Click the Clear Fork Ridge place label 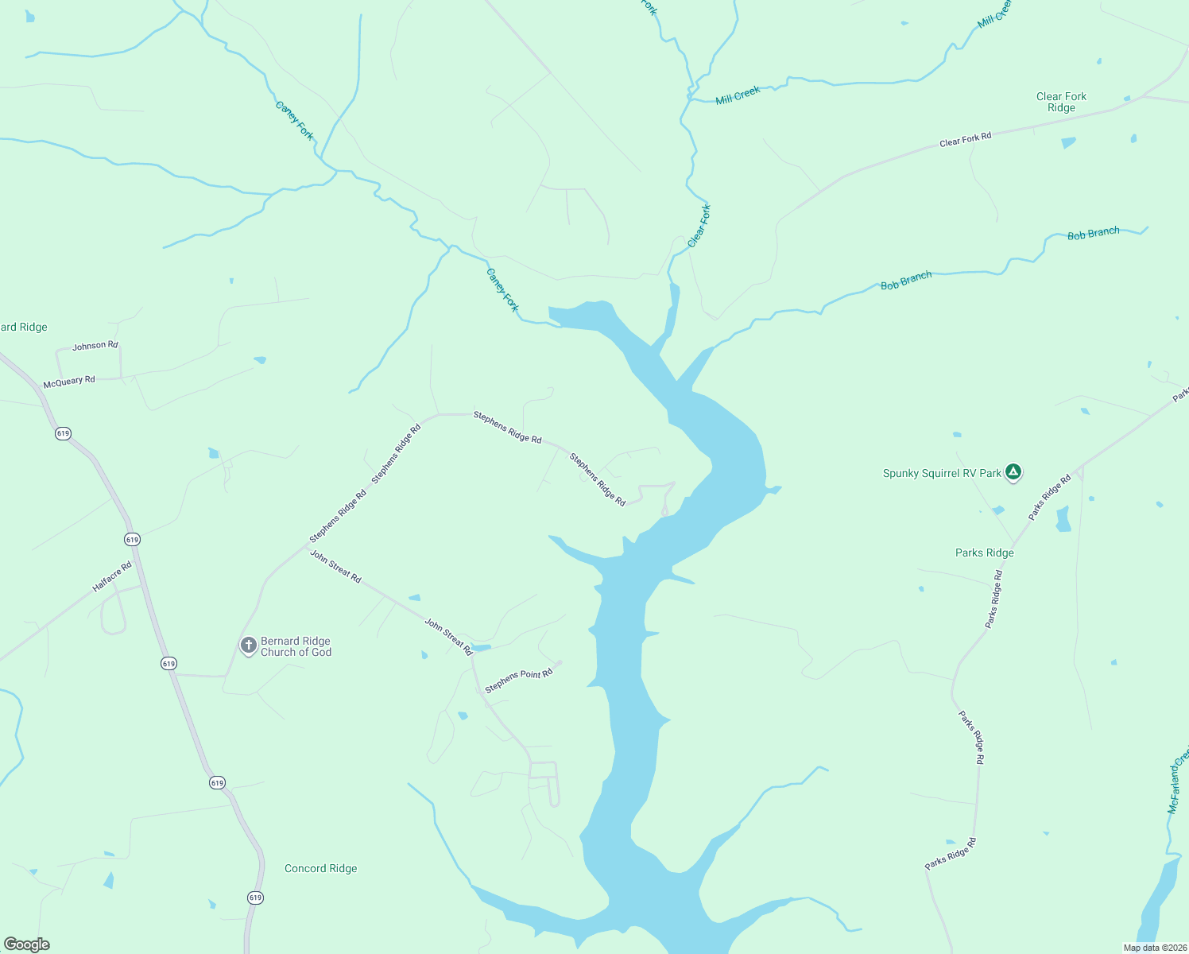click(1061, 102)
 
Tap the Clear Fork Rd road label click(965, 140)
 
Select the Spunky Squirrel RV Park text click(942, 473)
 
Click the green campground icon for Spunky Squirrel click(1013, 472)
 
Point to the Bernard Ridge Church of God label click(296, 646)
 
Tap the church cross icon click(248, 645)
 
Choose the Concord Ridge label click(320, 868)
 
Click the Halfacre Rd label click(112, 576)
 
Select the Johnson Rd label click(95, 346)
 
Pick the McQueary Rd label click(69, 382)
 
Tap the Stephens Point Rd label click(518, 681)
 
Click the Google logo click(27, 944)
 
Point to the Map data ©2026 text click(1153, 948)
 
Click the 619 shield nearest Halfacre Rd click(132, 539)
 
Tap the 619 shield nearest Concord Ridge click(254, 898)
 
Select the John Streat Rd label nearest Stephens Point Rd click(448, 636)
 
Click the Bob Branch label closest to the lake click(906, 281)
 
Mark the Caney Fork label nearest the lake click(502, 290)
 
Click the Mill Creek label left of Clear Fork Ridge click(738, 95)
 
